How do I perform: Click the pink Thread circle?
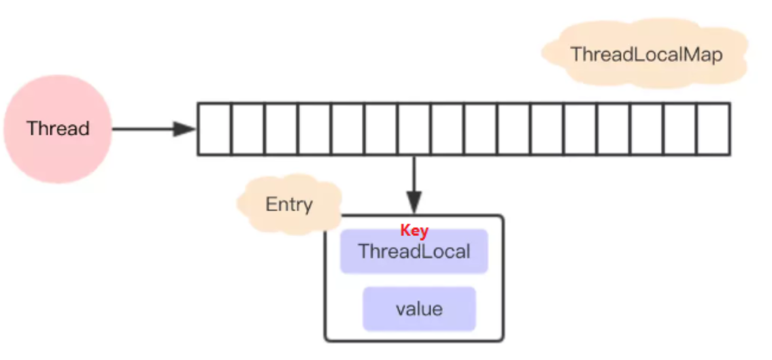[x=57, y=129]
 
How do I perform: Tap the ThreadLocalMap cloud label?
[x=645, y=54]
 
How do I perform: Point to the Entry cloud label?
[x=289, y=205]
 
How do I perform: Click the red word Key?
[x=414, y=231]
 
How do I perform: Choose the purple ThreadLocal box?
[x=414, y=252]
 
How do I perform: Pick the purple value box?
[x=419, y=309]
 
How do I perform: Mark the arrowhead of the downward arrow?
[x=414, y=202]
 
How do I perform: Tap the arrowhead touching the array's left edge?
[x=185, y=129]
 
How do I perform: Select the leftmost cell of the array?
[x=214, y=129]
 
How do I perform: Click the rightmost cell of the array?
[x=714, y=129]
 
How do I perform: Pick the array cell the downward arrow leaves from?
[x=414, y=129]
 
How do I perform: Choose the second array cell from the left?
[x=248, y=129]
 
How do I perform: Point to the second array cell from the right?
[x=680, y=129]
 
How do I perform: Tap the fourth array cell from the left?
[x=314, y=129]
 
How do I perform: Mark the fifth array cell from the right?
[x=580, y=129]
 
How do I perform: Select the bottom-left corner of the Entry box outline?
[x=326, y=338]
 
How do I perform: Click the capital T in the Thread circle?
[x=31, y=128]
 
